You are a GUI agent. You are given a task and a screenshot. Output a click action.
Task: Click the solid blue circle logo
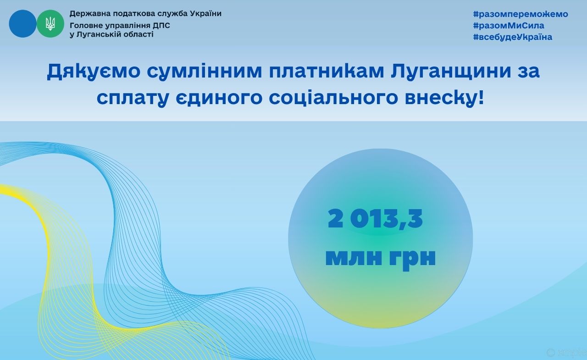pos(22,23)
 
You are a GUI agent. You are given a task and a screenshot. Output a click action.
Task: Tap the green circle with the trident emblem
pos(50,23)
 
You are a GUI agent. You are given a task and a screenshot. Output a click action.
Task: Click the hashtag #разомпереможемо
pos(521,14)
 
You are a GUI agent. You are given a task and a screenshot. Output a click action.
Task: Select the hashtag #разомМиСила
pos(509,25)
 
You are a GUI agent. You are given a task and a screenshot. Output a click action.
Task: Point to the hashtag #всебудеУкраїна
pos(513,37)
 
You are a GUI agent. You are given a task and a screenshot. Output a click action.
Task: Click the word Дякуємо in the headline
pos(94,71)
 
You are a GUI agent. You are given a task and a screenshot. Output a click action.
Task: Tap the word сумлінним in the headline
pos(205,71)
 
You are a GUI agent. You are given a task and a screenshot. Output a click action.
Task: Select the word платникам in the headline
pos(327,71)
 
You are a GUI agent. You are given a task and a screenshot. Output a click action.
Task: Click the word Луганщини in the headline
pos(451,71)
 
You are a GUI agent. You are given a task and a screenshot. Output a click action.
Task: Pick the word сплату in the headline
pos(133,99)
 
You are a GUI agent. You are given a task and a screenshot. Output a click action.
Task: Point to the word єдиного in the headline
pos(219,98)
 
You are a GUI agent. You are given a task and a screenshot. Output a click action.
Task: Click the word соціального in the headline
pos(333,98)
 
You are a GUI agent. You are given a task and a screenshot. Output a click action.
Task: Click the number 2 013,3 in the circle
pos(375,218)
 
